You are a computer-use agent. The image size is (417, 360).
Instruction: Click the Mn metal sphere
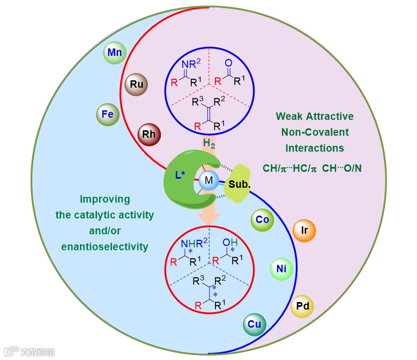(x=115, y=53)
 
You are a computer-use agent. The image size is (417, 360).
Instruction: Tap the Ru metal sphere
(x=136, y=84)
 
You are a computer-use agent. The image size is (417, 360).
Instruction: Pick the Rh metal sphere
(x=149, y=134)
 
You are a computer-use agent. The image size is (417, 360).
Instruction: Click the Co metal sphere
(x=263, y=219)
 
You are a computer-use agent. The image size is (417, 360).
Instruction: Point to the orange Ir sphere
(x=304, y=230)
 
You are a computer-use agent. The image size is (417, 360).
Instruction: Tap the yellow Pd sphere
(x=302, y=306)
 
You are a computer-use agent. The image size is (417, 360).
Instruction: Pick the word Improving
(x=105, y=200)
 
